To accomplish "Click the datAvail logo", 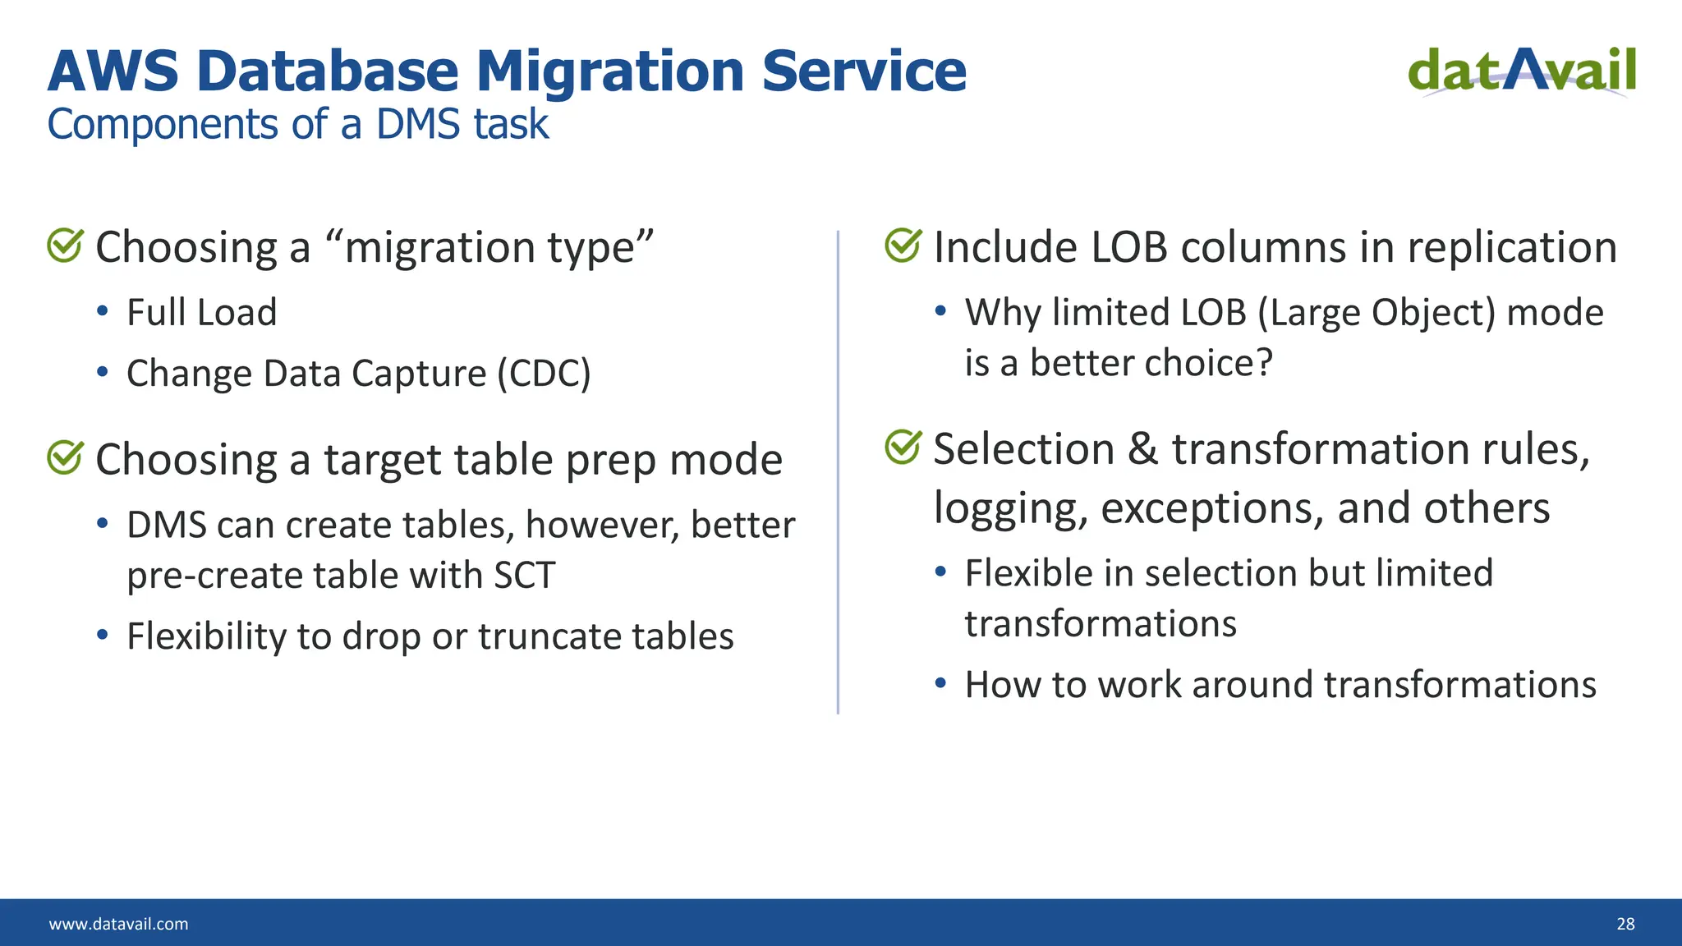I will [1522, 71].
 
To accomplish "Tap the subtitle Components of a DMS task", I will [297, 125].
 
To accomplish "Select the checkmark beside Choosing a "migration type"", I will [65, 246].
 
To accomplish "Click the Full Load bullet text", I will [201, 313].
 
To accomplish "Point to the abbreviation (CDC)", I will [544, 374].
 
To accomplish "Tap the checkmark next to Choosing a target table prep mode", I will [65, 457].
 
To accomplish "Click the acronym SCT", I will [525, 575].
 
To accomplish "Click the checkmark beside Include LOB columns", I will [903, 246].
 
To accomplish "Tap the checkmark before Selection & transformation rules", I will [903, 447].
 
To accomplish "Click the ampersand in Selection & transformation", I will [1142, 449].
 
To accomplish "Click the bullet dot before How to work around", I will [941, 682].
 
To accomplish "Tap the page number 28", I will [1625, 924].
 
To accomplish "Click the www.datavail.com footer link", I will [118, 924].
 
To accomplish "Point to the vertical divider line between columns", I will [838, 472].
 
